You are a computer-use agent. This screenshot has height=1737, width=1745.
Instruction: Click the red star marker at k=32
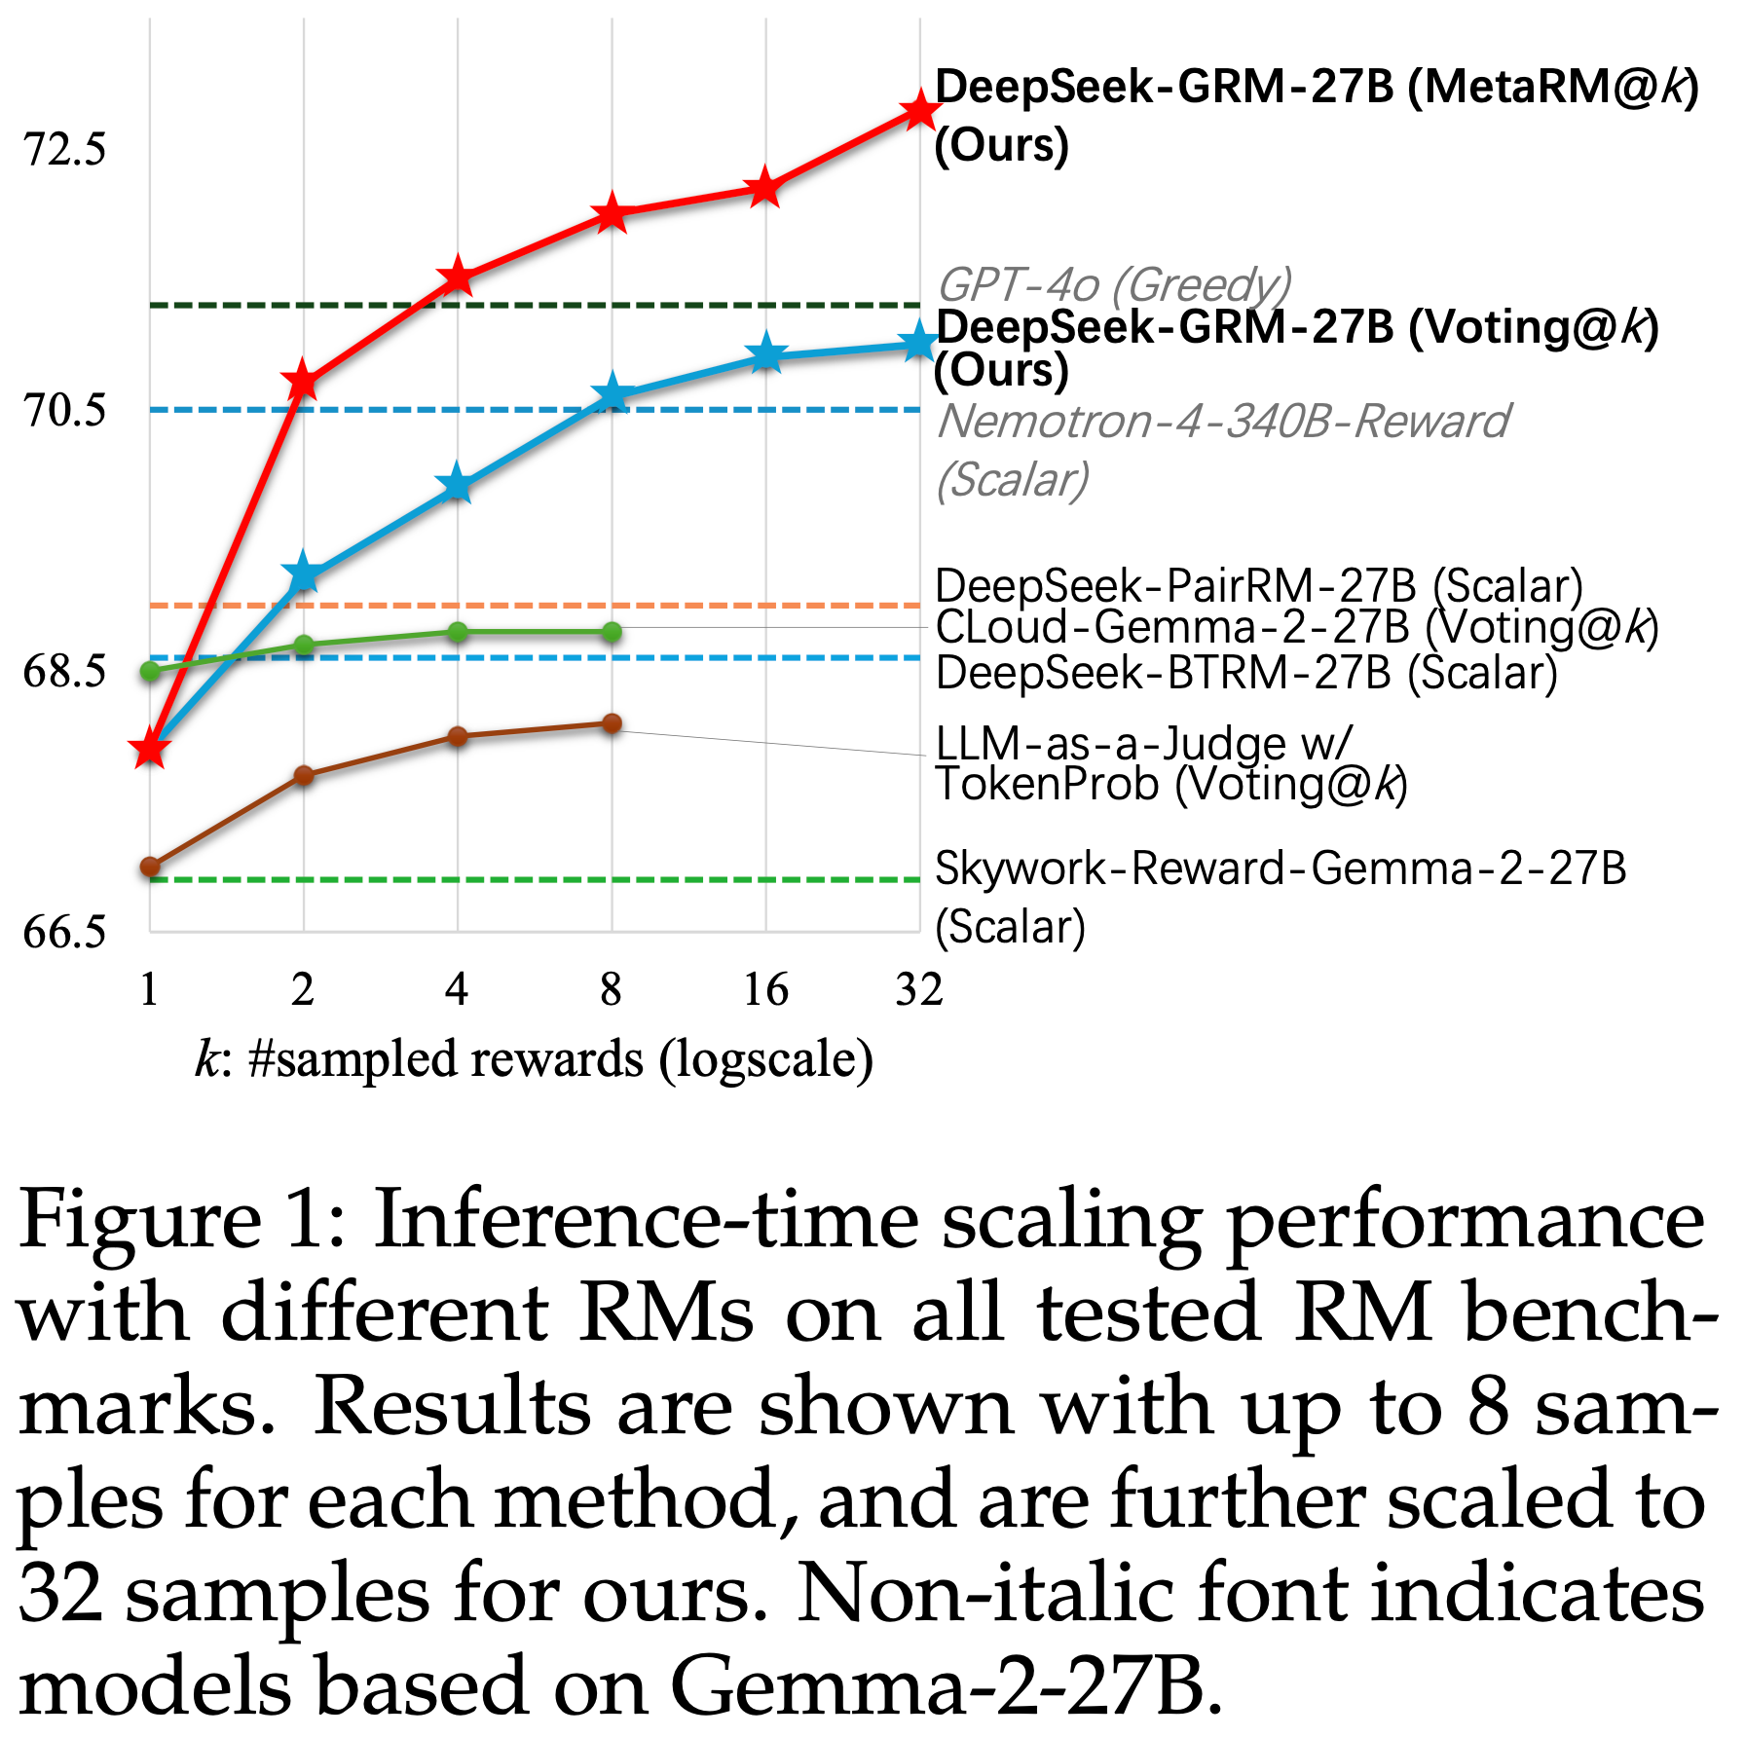click(919, 110)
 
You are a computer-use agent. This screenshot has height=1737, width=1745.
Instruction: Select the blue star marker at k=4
click(457, 485)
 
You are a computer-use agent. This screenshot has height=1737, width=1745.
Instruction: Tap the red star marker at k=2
click(303, 381)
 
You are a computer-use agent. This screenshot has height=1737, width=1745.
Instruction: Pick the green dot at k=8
click(612, 633)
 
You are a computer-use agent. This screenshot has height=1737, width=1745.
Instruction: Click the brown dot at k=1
click(149, 867)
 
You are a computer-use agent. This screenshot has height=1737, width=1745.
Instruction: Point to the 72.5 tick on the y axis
click(64, 150)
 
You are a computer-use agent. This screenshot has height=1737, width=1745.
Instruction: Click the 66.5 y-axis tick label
click(64, 932)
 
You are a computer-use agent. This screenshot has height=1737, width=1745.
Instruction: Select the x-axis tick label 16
click(765, 990)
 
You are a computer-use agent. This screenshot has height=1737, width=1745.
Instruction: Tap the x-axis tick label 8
click(611, 990)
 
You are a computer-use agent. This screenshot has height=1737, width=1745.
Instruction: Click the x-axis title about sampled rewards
click(534, 1059)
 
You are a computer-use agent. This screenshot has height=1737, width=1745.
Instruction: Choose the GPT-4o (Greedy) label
click(1114, 284)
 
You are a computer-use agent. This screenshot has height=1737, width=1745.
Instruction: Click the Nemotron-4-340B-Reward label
click(1222, 422)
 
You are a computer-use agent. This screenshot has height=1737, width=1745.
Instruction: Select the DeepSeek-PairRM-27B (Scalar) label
click(1258, 585)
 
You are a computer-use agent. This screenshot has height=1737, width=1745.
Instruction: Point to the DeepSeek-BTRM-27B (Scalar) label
click(1246, 673)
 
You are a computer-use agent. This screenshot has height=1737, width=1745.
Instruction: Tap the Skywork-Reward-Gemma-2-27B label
click(1280, 868)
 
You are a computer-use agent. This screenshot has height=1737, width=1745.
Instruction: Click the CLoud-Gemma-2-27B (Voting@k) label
click(1296, 627)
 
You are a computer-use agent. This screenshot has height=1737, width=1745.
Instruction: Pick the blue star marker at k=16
click(766, 353)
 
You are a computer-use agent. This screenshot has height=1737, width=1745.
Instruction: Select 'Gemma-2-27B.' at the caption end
click(946, 1686)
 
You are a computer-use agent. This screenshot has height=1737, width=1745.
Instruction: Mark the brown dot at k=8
click(612, 723)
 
